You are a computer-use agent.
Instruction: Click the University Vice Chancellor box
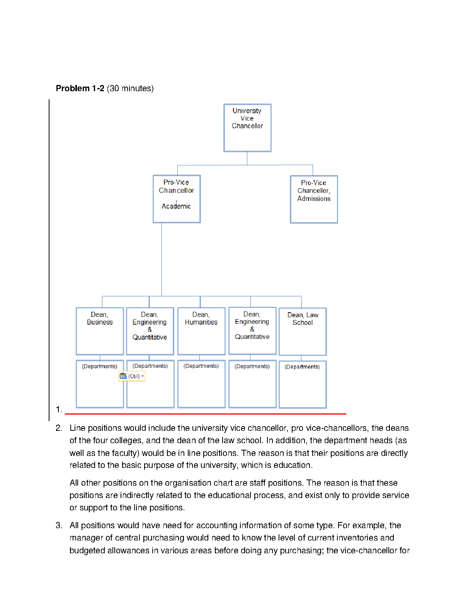247,128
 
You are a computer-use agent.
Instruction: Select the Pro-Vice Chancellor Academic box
177,199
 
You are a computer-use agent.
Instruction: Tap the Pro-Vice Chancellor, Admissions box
314,199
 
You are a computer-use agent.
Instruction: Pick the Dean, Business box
100,331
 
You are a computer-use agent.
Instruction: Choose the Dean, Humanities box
201,331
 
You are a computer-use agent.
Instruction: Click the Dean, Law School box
303,331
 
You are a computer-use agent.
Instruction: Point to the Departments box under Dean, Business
100,384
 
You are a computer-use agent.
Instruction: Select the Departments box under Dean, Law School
303,384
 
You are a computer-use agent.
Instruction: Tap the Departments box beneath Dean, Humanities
201,384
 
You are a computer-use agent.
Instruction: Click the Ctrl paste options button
132,376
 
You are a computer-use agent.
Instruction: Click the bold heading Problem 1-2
80,88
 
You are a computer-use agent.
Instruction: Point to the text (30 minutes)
130,88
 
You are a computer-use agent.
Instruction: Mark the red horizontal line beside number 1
205,414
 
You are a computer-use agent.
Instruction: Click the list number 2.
59,428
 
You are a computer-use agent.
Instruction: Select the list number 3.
59,525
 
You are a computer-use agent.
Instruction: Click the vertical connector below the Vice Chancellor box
247,158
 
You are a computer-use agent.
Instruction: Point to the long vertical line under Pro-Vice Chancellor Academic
162,259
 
